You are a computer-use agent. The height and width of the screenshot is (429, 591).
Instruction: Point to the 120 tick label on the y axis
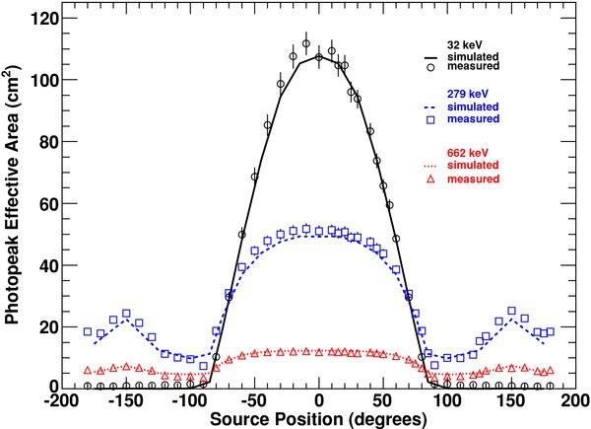coord(40,19)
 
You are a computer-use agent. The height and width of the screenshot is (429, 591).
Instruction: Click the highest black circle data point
coord(306,44)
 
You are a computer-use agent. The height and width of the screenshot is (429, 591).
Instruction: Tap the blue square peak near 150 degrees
coord(511,312)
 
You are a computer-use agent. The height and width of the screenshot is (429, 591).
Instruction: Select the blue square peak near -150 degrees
coord(126,314)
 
